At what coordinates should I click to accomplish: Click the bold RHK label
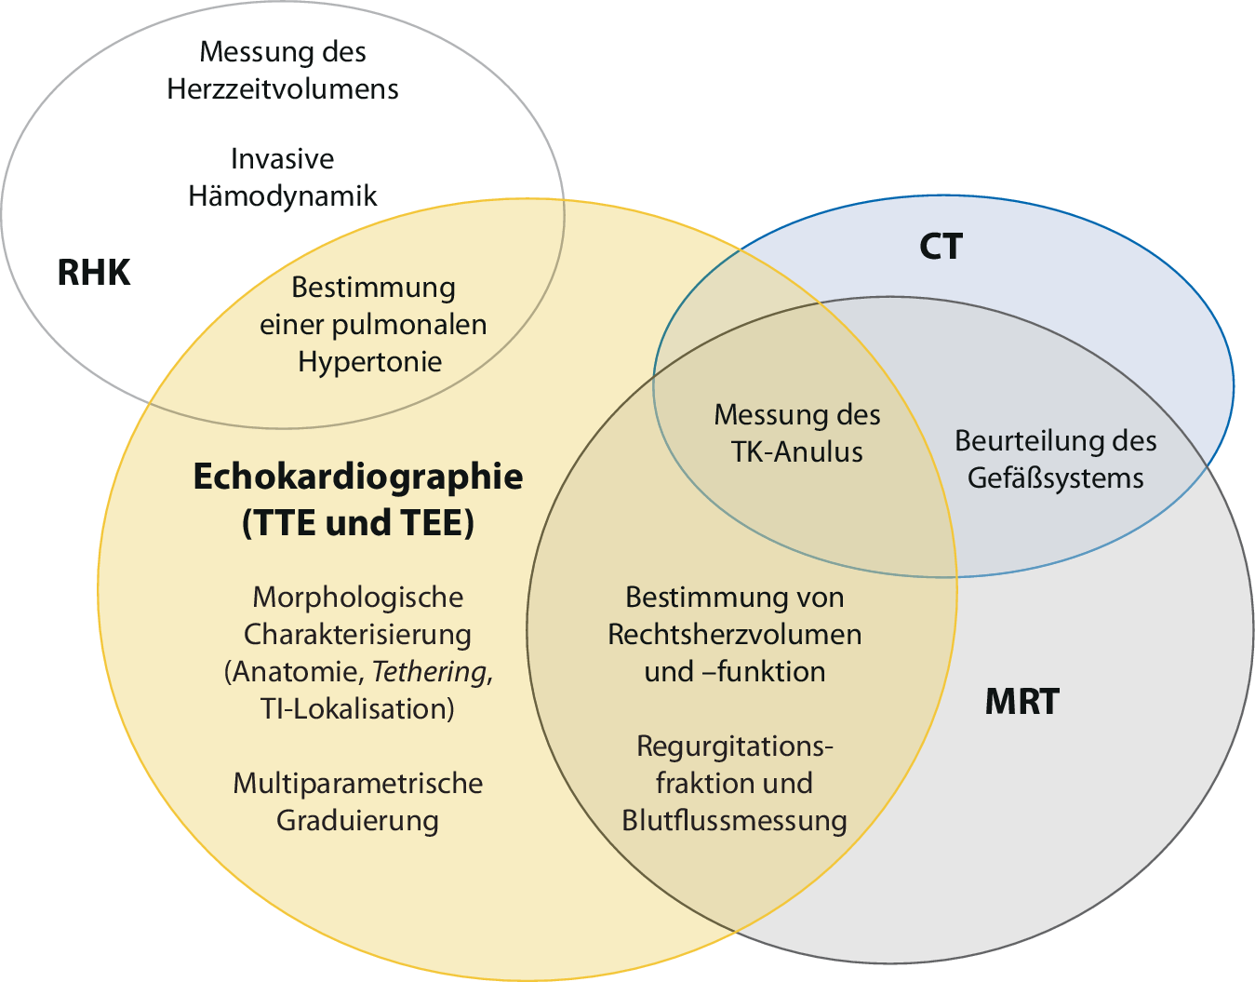coord(94,273)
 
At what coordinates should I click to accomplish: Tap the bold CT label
coord(941,247)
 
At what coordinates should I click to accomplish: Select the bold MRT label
coord(1021,702)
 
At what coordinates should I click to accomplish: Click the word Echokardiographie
coord(358,477)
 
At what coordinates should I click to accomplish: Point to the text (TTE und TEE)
coord(358,523)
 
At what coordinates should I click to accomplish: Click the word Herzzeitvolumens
coord(283,89)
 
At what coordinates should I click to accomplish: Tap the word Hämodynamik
coord(283,196)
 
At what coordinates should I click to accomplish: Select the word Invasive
coord(283,159)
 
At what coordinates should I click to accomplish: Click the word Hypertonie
coord(370,362)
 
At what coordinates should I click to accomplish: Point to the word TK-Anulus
coord(797,452)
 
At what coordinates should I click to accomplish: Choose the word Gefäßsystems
coord(1055,478)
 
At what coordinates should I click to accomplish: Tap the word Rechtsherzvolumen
coord(735,635)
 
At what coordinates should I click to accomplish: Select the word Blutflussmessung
coord(735,821)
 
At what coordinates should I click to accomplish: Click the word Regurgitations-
coord(735,747)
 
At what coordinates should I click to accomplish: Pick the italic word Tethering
coord(430,672)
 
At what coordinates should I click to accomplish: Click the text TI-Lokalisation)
coord(358,709)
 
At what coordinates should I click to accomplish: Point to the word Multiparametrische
coord(358,784)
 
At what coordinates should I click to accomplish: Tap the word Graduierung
coord(358,821)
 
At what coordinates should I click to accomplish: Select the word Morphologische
coord(358,598)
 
